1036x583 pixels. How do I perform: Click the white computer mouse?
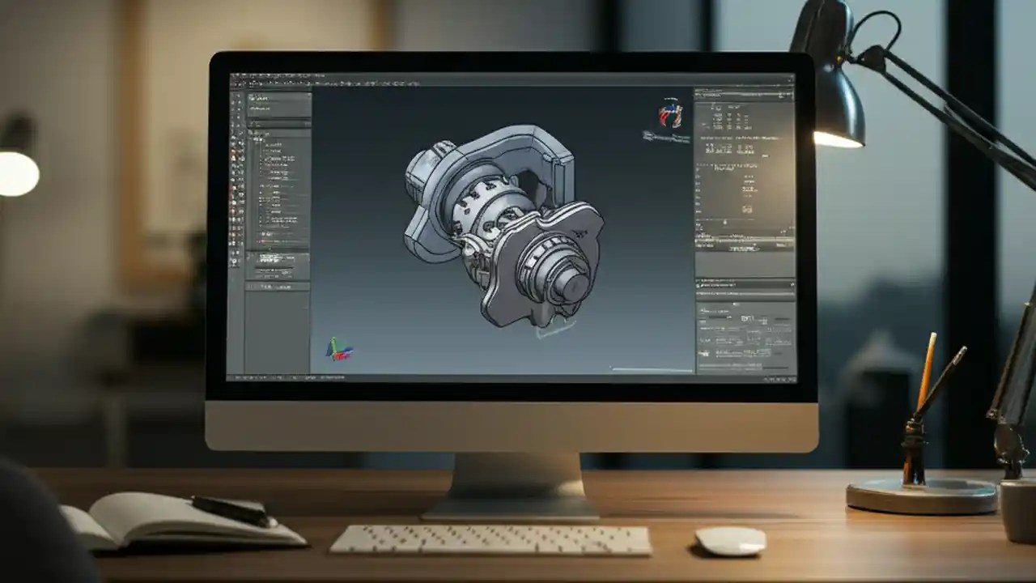tap(730, 540)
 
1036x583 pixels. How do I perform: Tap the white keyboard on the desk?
tap(490, 540)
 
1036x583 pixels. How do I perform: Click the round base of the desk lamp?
tap(920, 495)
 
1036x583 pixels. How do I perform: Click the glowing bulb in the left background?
tap(18, 172)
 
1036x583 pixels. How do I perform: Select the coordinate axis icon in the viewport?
tap(339, 349)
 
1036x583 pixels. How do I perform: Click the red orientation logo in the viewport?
tap(670, 115)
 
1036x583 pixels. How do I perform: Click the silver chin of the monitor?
tap(510, 426)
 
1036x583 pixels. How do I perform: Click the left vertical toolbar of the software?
tap(236, 227)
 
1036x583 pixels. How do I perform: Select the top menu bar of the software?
tap(510, 78)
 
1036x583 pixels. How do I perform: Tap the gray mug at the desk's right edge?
tap(1019, 510)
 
